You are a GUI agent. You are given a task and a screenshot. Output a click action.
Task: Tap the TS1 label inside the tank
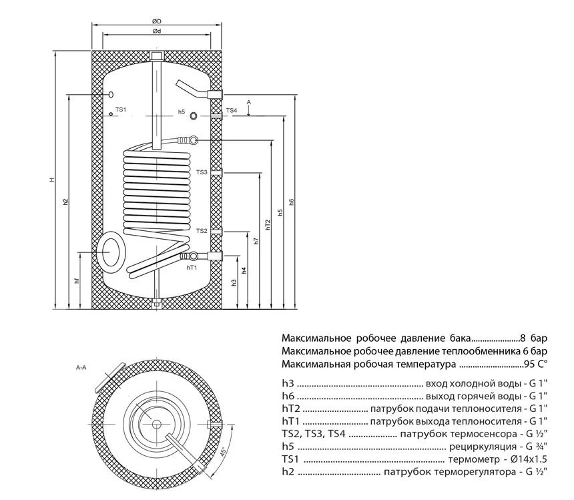pyautogui.click(x=121, y=109)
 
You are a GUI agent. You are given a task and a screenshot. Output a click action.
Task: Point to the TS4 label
pyautogui.click(x=231, y=110)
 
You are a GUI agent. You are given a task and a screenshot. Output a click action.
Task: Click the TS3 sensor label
pyautogui.click(x=202, y=172)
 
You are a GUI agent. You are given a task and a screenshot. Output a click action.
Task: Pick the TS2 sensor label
pyautogui.click(x=202, y=230)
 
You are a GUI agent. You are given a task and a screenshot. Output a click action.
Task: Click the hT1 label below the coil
pyautogui.click(x=192, y=266)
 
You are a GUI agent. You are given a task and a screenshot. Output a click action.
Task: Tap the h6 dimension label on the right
pyautogui.click(x=291, y=202)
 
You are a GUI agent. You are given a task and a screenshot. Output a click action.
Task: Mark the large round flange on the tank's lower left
pyautogui.click(x=111, y=248)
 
